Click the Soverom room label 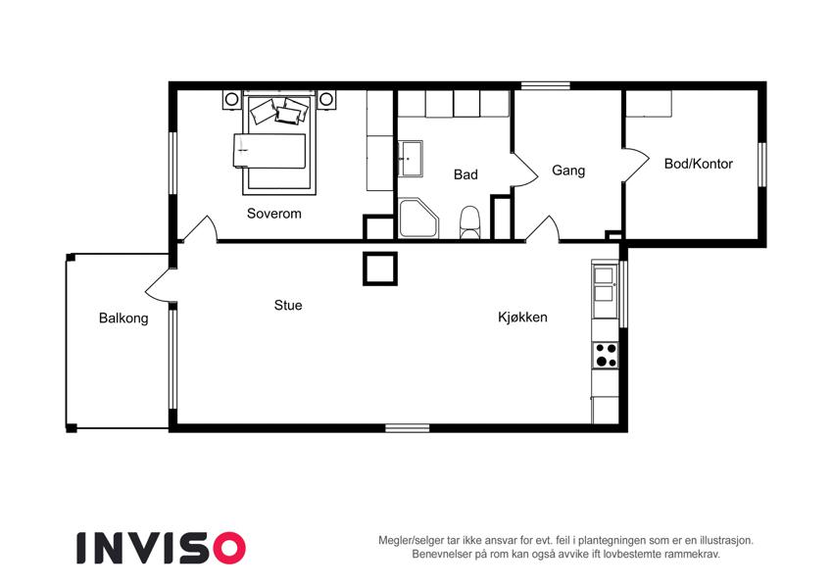point(273,214)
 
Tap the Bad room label point(465,174)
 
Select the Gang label point(568,171)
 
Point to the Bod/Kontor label point(699,164)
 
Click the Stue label point(288,305)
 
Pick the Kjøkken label point(522,318)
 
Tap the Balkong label point(123,318)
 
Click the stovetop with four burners point(606,356)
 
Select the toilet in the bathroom point(469,222)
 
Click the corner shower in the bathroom point(417,219)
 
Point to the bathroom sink point(411,158)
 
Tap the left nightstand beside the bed point(231,99)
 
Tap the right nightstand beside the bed point(326,99)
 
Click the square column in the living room point(380,269)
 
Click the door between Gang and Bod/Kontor point(635,165)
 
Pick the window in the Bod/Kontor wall point(762,165)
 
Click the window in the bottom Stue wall point(407,427)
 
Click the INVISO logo point(162,548)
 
